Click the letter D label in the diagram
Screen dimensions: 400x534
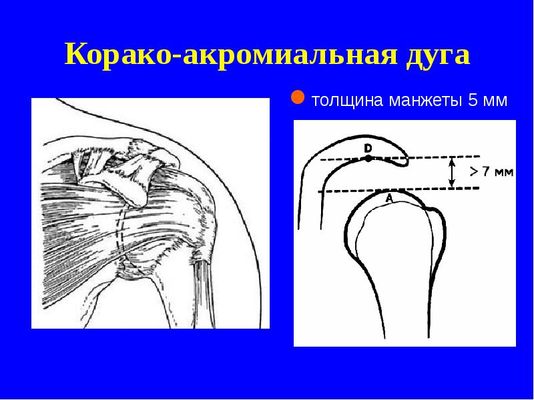368,147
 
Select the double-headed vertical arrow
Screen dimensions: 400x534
452,173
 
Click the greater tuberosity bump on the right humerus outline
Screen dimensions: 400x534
437,220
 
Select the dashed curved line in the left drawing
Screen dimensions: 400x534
120,233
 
